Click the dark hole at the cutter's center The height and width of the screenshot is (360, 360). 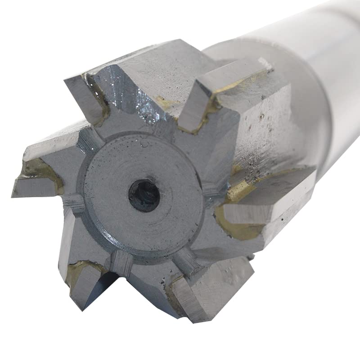144,195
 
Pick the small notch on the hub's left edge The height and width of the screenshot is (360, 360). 74,205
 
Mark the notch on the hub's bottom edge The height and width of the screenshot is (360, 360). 121,263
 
